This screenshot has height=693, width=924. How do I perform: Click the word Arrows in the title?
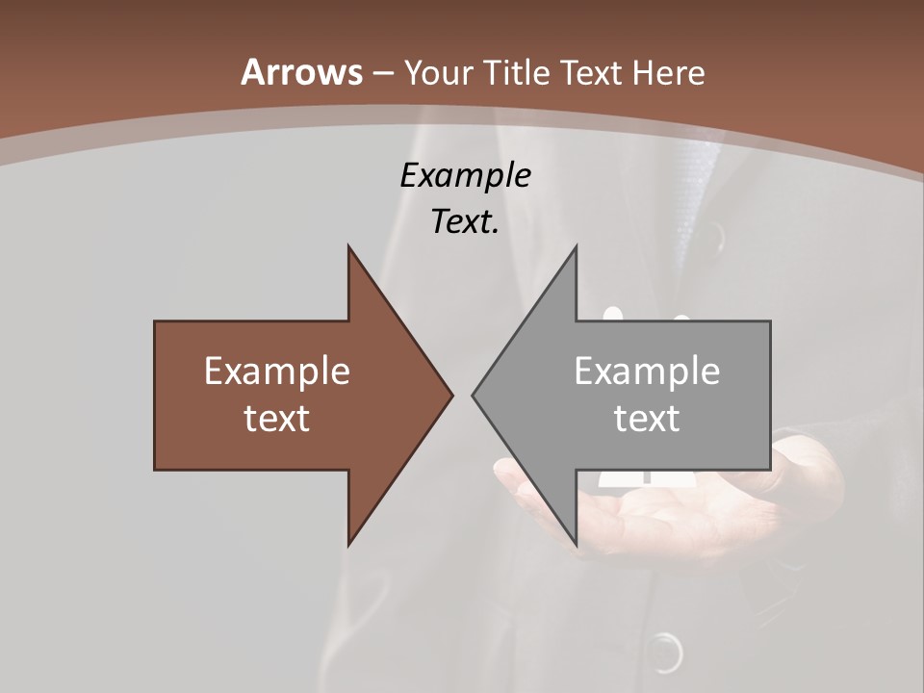[301, 72]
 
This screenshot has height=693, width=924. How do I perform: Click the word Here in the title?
[670, 73]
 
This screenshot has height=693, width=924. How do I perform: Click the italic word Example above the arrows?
[465, 176]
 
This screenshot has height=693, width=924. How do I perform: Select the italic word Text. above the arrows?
[465, 222]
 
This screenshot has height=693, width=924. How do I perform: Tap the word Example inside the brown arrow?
[277, 372]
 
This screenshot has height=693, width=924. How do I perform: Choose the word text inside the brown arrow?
[277, 418]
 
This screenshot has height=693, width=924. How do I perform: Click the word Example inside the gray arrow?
[647, 372]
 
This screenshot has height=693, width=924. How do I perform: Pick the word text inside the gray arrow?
[647, 418]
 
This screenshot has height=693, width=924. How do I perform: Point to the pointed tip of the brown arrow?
[452, 395]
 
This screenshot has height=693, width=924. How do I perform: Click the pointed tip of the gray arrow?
[473, 395]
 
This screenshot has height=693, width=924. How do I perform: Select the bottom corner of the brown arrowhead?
[348, 544]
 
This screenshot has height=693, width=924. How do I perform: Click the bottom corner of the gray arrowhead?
[576, 544]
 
